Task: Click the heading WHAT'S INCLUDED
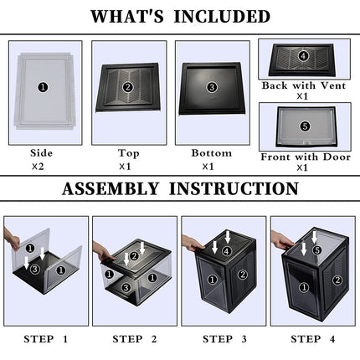(x=180, y=16)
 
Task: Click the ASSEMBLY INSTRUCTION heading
(x=180, y=188)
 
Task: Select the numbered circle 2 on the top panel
(x=127, y=86)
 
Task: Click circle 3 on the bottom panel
(x=211, y=86)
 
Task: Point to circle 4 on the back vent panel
(x=303, y=57)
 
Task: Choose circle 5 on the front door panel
(x=305, y=126)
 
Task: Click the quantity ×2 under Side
(x=39, y=167)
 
